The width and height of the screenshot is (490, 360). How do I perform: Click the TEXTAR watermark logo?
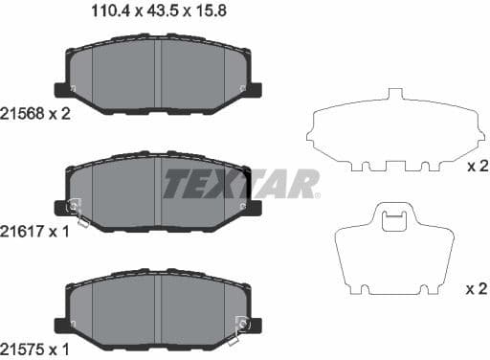(241, 183)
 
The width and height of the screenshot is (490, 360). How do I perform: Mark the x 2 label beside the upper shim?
(477, 167)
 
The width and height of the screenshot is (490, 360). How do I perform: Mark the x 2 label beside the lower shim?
(477, 288)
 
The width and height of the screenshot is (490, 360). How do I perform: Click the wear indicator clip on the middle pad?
(76, 211)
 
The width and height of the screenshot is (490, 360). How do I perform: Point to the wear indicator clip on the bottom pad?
(239, 327)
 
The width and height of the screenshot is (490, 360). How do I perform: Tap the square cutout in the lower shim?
(393, 222)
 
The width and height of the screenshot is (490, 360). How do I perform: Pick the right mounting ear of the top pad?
(255, 91)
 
